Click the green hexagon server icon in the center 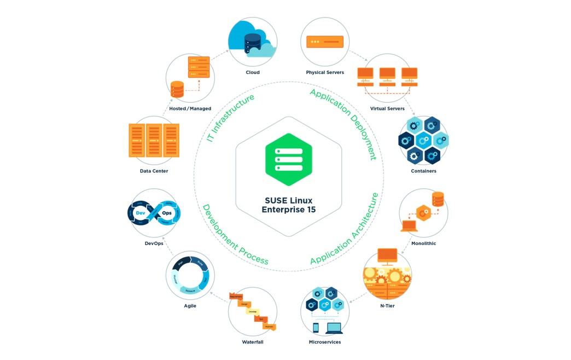(288, 159)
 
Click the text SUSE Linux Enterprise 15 (288, 205)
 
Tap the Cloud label (252, 72)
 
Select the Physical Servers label (325, 72)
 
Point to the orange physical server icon (325, 42)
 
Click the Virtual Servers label (387, 108)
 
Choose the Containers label (423, 171)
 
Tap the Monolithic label (423, 243)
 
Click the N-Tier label (387, 306)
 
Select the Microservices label (325, 342)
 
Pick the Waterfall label (252, 342)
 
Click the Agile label (190, 306)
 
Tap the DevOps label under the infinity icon (154, 243)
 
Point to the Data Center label (154, 171)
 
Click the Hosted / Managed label (190, 108)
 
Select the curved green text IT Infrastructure (230, 118)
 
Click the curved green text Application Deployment (344, 123)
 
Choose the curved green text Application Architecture (345, 230)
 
